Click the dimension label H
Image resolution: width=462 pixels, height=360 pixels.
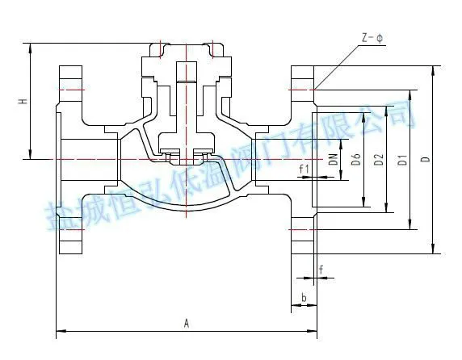[x=23, y=101]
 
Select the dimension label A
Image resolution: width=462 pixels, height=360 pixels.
[x=187, y=323]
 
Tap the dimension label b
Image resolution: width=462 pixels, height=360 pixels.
[x=304, y=297]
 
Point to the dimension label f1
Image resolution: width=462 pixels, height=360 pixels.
[x=304, y=170]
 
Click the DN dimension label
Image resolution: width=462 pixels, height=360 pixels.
[x=334, y=159]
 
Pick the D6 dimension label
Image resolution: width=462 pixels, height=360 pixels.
[x=356, y=159]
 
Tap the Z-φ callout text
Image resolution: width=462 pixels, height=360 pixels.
[x=372, y=38]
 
